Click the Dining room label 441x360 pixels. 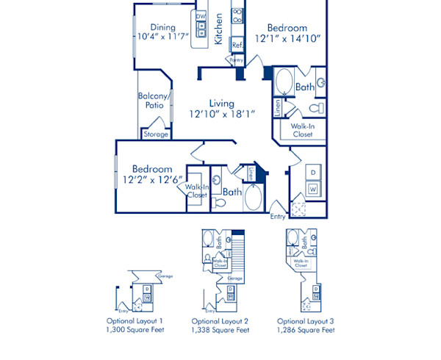pos(163,28)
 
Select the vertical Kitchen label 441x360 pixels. pos(218,29)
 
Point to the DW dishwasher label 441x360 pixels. pos(201,16)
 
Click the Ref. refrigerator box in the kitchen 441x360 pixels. pos(237,45)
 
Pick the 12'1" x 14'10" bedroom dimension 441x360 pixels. pos(287,40)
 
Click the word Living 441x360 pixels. pos(220,103)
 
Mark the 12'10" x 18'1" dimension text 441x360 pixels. pos(220,115)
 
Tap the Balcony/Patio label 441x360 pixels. pos(154,101)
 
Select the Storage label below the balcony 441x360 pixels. pos(156,134)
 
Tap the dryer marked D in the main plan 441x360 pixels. pos(312,173)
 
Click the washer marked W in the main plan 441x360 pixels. pos(312,189)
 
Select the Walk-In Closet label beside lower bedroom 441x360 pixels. pos(196,191)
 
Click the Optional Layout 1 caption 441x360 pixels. pos(135,322)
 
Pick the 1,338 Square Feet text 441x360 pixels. pos(220,331)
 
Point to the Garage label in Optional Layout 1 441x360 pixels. pos(155,276)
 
